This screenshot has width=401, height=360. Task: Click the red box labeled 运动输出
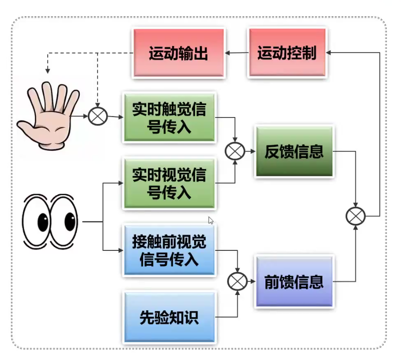(179, 53)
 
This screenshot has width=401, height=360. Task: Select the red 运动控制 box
(287, 52)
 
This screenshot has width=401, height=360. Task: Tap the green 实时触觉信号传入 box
(169, 118)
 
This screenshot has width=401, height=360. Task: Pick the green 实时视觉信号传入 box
(169, 183)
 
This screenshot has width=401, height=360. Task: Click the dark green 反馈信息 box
(294, 151)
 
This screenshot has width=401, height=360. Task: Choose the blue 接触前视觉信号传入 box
(169, 250)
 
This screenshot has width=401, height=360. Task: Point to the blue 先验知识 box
(169, 317)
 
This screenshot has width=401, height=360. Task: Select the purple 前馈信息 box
(294, 281)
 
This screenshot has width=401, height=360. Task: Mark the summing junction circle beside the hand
(97, 116)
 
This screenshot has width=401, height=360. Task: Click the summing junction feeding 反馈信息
(235, 151)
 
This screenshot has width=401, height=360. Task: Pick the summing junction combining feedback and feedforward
(356, 216)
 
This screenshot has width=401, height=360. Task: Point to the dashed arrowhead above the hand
(47, 71)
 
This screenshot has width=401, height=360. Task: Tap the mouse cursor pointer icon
(211, 220)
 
